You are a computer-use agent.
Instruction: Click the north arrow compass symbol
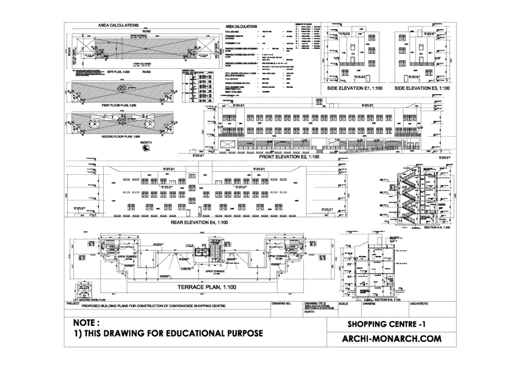point(147,149)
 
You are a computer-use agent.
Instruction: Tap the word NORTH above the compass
point(147,143)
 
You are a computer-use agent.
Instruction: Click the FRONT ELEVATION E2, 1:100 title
point(288,158)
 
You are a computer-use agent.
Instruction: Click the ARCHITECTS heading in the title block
point(419,304)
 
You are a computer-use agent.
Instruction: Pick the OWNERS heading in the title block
point(369,304)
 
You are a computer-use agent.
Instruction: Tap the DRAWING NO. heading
point(281,304)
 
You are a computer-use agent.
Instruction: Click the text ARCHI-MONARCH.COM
point(391,338)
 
